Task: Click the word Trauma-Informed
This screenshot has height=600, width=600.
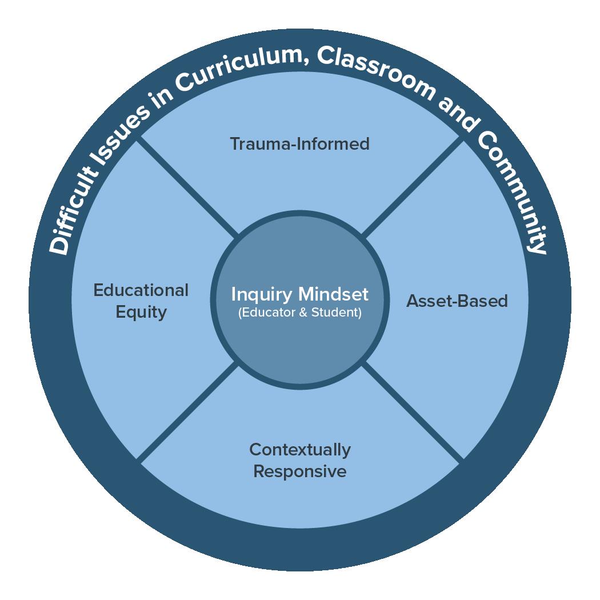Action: point(299,143)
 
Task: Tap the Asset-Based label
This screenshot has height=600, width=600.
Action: point(457,301)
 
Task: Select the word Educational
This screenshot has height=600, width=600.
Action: point(141,290)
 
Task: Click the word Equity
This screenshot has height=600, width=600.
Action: point(141,312)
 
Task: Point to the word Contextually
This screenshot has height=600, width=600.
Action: point(300,450)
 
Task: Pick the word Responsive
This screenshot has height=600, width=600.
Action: point(300,471)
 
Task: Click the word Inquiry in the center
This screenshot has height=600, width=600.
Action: point(262,295)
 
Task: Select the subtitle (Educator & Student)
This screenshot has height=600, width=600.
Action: point(300,313)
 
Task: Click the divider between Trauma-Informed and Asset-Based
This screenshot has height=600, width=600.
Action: point(411,188)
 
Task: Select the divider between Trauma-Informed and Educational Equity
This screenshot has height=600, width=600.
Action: point(189,188)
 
